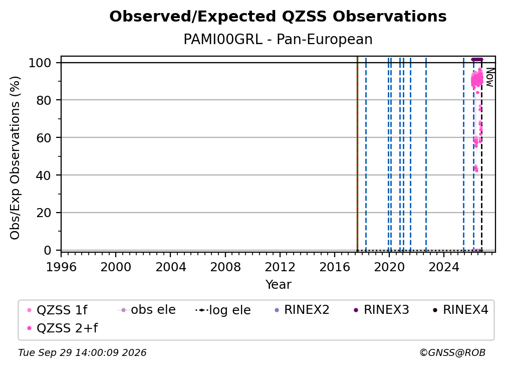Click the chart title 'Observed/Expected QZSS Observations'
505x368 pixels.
coord(278,17)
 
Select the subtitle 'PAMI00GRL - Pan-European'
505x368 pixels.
coord(278,39)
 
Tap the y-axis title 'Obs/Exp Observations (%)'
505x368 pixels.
coord(15,157)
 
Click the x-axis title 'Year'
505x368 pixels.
coord(278,285)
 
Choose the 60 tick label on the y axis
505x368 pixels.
coord(44,137)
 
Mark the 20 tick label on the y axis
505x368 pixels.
coord(44,213)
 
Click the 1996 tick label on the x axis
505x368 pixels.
coord(61,267)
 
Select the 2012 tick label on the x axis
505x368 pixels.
coord(280,267)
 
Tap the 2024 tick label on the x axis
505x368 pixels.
coord(444,267)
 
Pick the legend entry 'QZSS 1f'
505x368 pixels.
coord(57,310)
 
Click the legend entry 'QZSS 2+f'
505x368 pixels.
coord(63,328)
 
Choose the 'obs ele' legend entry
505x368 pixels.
coord(146,310)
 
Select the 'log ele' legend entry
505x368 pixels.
coord(223,310)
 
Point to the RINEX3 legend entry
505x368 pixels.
coord(381,310)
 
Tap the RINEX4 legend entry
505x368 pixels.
coord(460,310)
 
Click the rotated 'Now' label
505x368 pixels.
coord(489,77)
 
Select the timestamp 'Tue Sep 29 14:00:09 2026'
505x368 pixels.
coord(82,353)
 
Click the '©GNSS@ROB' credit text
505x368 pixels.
coord(452,353)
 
